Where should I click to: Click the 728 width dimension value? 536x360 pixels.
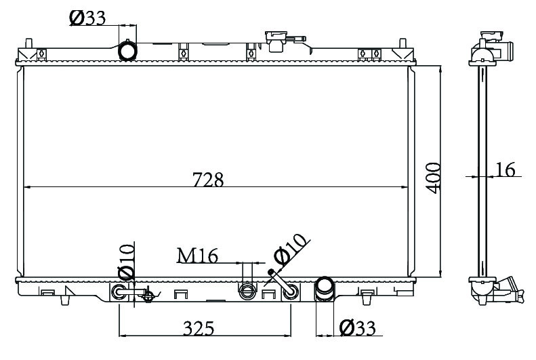pos(208,179)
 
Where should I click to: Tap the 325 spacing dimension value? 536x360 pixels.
pos(199,328)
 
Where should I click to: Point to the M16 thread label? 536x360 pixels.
pos(197,256)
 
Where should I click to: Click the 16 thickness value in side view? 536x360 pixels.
pos(505,169)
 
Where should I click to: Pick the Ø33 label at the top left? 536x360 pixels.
pos(87,18)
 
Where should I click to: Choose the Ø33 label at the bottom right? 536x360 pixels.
pos(357,328)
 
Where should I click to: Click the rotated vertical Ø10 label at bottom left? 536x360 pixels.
pos(126,262)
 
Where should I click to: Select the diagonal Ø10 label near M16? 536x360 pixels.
pos(289,250)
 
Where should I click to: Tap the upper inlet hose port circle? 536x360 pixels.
pos(127,51)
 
